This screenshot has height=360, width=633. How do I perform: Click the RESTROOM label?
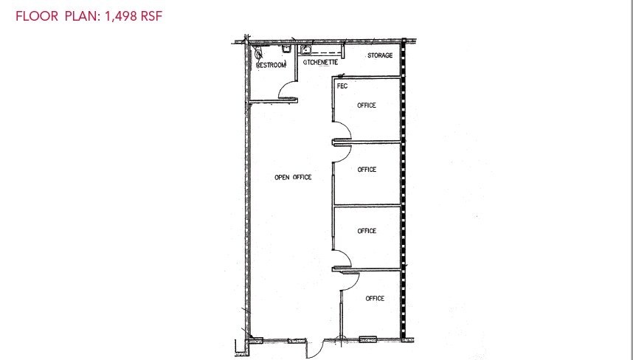click(x=271, y=66)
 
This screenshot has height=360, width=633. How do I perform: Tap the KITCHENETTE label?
click(x=321, y=63)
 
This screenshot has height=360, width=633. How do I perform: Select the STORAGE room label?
click(x=379, y=55)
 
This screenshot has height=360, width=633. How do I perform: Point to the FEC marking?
click(x=342, y=86)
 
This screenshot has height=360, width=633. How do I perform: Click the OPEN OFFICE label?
click(x=293, y=177)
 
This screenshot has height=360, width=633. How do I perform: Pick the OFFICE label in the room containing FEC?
click(x=367, y=105)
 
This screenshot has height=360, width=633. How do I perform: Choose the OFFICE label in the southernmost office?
click(x=375, y=298)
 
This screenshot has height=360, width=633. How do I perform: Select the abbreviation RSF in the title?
click(x=150, y=15)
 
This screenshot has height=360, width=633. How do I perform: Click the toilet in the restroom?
click(x=258, y=52)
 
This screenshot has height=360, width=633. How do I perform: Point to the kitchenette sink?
click(x=307, y=49)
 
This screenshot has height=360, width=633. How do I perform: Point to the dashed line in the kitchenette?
click(x=329, y=52)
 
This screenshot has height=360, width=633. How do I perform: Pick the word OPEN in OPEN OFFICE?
click(x=282, y=177)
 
